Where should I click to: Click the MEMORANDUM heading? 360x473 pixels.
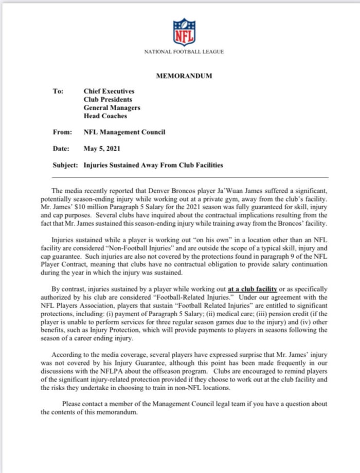coord(184,77)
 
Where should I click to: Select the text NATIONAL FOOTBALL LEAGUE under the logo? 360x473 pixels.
coord(184,52)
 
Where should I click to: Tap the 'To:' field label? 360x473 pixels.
coord(58,92)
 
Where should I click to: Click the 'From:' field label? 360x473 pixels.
coord(62,133)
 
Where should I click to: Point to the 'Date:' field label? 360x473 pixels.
coord(61,149)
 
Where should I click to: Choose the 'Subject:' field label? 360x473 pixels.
coord(65,166)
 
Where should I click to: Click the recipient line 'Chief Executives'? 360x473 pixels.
coord(109,92)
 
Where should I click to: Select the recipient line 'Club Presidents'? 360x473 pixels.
coord(107,100)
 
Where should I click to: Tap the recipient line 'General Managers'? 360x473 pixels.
coord(112,108)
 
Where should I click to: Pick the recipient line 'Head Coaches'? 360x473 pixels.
coord(105,116)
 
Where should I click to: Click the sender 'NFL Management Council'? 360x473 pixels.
coord(124,133)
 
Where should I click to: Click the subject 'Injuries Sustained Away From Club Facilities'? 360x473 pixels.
coord(153,166)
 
